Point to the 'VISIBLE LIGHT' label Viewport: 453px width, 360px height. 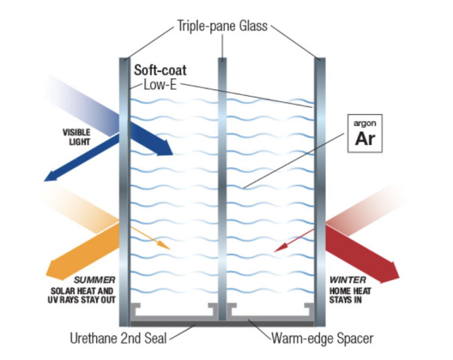point(76,137)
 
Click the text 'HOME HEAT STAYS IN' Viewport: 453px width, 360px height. point(350,295)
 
